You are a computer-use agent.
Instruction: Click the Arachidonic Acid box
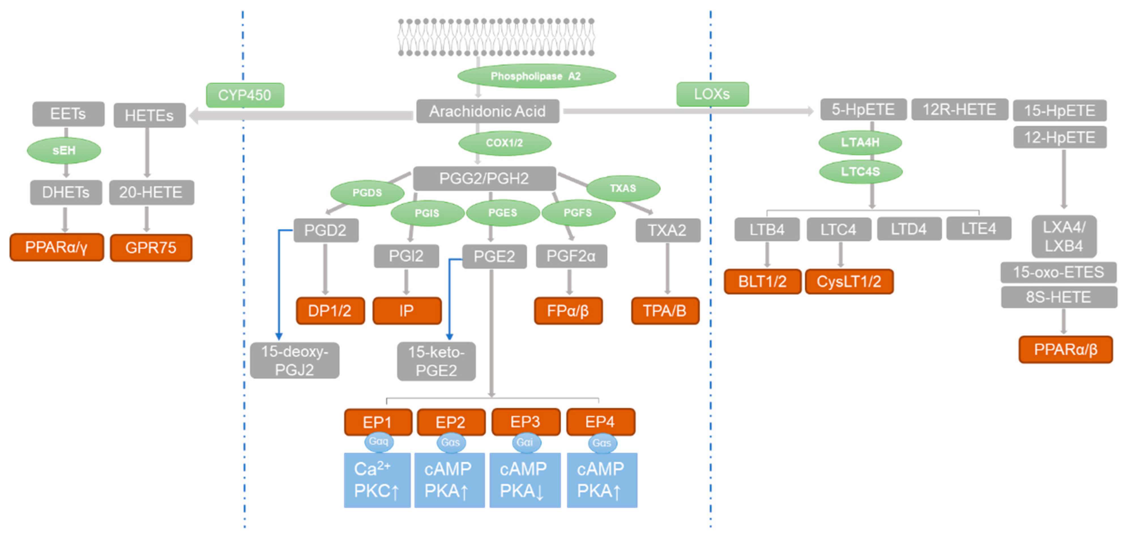click(487, 111)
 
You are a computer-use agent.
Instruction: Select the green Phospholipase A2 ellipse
click(536, 76)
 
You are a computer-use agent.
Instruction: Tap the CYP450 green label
click(245, 95)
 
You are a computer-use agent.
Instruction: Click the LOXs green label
click(712, 94)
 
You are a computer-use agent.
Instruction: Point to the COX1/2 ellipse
click(504, 143)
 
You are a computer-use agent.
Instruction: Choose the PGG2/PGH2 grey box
click(484, 178)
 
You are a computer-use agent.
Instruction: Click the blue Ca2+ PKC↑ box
click(377, 480)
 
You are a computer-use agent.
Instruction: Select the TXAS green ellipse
click(623, 188)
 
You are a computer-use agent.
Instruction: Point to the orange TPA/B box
click(665, 311)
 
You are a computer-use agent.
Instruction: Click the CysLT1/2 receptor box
click(849, 282)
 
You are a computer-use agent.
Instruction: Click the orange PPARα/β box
click(1065, 349)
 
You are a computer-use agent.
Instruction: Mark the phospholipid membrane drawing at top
click(496, 37)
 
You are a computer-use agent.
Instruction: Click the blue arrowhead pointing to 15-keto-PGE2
click(449, 336)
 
